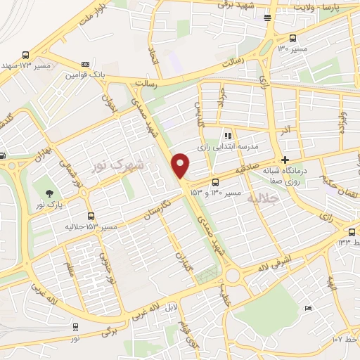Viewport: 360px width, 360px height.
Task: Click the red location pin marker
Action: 181,165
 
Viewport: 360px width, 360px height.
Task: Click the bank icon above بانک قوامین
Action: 86,63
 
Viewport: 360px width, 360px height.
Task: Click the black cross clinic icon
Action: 285,160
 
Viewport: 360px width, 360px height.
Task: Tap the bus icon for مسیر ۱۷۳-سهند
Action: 26,55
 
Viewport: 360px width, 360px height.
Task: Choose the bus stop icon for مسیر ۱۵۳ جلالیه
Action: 91,217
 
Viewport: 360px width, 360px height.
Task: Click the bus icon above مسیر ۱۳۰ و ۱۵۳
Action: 215,183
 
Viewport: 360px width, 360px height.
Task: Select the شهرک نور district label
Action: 117,165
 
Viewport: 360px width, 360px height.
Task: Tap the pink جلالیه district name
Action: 264,199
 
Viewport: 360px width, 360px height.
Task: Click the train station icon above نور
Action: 75,326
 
